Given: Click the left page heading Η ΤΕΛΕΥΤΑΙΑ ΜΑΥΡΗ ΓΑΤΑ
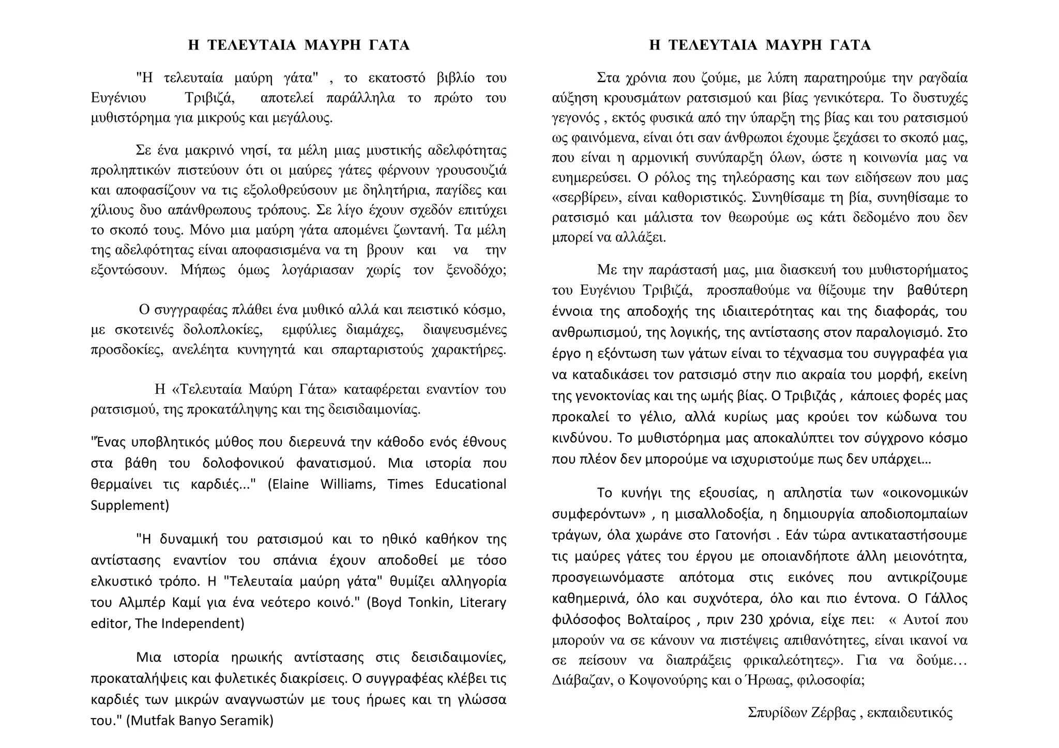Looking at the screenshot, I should pyautogui.click(x=299, y=45).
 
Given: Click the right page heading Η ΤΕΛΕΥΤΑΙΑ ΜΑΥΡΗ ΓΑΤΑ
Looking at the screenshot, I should pyautogui.click(x=760, y=45).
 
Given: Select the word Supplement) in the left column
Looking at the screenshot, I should pyautogui.click(x=130, y=505).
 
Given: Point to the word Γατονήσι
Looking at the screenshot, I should pyautogui.click(x=744, y=535).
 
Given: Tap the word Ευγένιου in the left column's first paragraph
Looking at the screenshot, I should pyautogui.click(x=118, y=98).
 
